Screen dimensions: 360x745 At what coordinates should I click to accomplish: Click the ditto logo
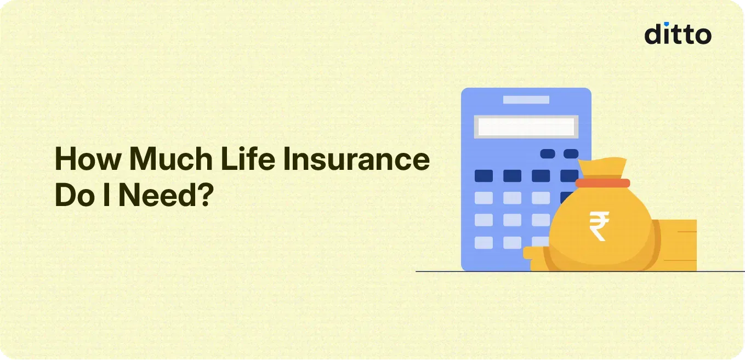[x=678, y=35]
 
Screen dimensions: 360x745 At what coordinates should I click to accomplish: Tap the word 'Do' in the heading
[x=73, y=196]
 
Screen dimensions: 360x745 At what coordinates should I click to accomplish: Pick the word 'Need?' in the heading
[x=165, y=196]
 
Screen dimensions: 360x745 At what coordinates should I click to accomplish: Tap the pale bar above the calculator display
[x=526, y=100]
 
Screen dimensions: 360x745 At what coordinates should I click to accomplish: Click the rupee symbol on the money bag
[x=599, y=227]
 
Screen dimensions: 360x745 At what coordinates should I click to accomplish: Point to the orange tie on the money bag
[x=602, y=183]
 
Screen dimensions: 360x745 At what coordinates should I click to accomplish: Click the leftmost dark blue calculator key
[x=484, y=176]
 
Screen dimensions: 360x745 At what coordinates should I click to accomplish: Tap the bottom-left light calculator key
[x=484, y=242]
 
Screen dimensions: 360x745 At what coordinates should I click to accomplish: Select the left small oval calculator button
[x=548, y=154]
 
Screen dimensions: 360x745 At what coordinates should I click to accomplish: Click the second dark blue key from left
[x=512, y=176]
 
